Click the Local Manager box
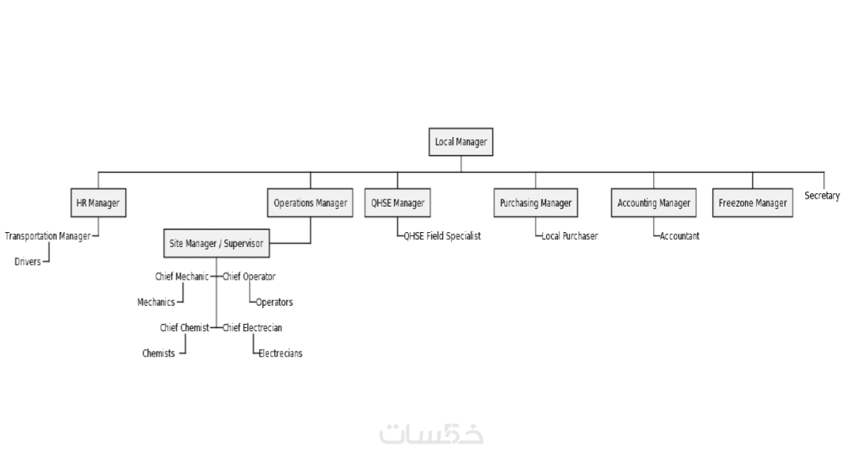point(460,143)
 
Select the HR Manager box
point(97,203)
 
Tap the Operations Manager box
point(310,203)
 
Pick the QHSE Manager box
point(398,203)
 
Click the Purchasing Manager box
point(535,203)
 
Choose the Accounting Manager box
point(654,203)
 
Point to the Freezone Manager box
point(752,203)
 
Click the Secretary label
point(822,196)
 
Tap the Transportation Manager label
point(48,236)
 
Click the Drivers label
point(28,261)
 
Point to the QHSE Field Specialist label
point(442,236)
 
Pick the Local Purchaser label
point(569,236)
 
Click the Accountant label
point(680,236)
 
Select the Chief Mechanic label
point(181,276)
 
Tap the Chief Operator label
point(249,276)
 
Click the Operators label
point(274,303)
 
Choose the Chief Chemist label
point(184,328)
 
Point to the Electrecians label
point(280,353)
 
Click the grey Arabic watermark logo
point(432,434)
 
